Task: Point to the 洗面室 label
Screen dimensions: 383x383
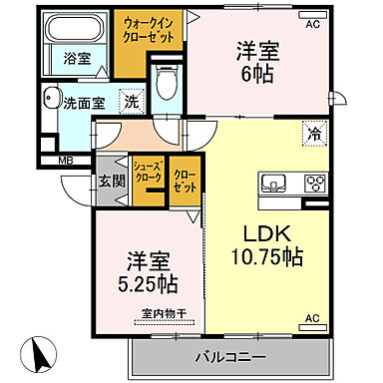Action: tap(83, 102)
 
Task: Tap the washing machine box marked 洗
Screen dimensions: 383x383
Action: tap(131, 100)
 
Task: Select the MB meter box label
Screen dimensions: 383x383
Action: tap(65, 160)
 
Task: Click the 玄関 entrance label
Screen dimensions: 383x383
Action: tap(111, 183)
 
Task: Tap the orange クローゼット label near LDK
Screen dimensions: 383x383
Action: tap(184, 181)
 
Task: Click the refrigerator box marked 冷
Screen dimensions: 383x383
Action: tap(313, 131)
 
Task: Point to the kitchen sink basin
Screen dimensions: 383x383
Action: tap(277, 183)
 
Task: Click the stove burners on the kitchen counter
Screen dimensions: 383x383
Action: tap(316, 183)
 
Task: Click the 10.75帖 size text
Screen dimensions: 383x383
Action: tap(263, 257)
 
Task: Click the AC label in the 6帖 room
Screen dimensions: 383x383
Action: tap(312, 24)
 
